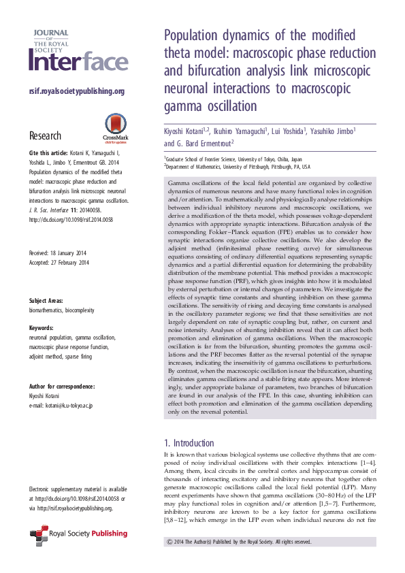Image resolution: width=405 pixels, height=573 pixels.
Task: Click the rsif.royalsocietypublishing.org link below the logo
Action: point(76,91)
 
